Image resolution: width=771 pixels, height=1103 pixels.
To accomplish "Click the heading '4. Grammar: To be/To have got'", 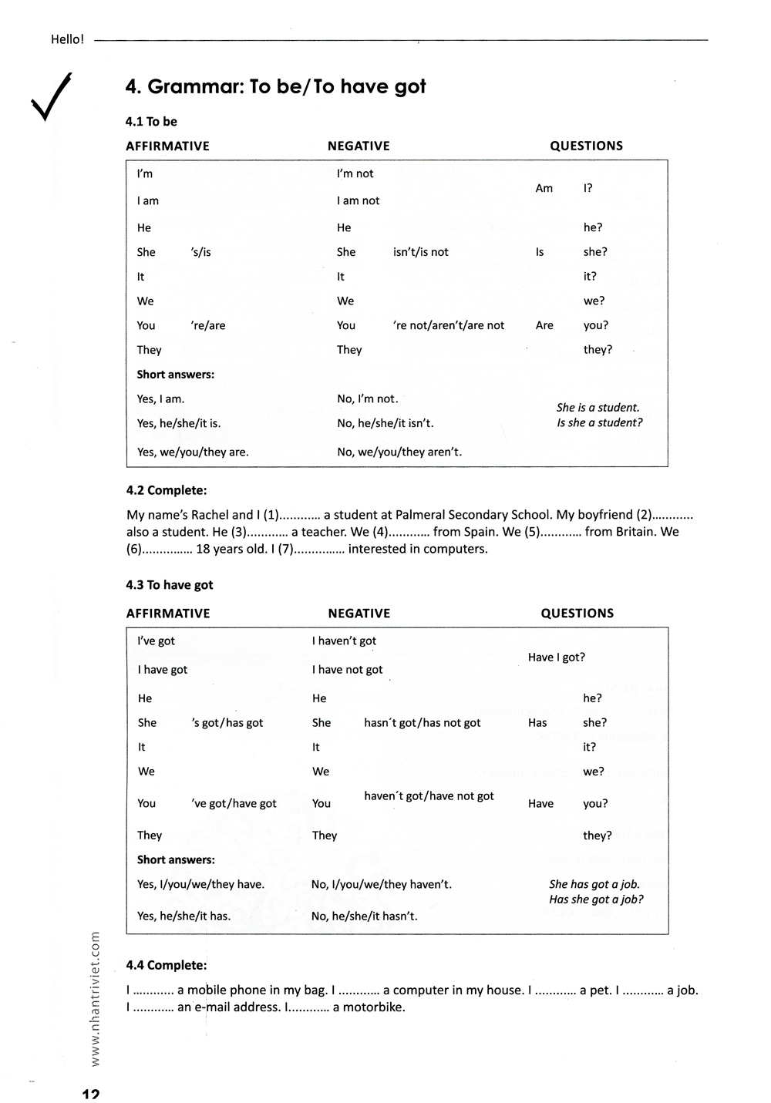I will pyautogui.click(x=275, y=86).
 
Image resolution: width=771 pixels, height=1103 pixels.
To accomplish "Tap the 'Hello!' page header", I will pyautogui.click(x=67, y=39).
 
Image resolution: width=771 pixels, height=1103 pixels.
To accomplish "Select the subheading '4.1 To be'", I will pyautogui.click(x=151, y=122).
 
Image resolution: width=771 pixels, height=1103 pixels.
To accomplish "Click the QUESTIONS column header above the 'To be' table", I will pyautogui.click(x=586, y=146).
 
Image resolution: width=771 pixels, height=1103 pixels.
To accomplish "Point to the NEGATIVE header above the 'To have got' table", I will pyautogui.click(x=359, y=614).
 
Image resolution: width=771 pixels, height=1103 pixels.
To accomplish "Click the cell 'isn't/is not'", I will pyautogui.click(x=420, y=252).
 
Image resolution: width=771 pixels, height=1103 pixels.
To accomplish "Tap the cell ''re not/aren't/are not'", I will pyautogui.click(x=448, y=325).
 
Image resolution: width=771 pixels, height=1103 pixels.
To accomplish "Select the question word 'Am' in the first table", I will pyautogui.click(x=544, y=188).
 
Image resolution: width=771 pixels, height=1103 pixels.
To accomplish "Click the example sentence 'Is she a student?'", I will pyautogui.click(x=599, y=422).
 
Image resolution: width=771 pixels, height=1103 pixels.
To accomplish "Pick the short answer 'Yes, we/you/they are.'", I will pyautogui.click(x=193, y=452).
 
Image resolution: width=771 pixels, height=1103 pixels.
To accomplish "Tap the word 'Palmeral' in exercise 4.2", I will pyautogui.click(x=419, y=515).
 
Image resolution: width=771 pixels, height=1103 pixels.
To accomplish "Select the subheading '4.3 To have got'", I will pyautogui.click(x=169, y=585).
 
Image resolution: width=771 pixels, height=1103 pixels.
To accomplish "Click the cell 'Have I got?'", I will pyautogui.click(x=556, y=657).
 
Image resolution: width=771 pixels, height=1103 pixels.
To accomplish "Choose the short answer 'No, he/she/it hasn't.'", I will pyautogui.click(x=364, y=916).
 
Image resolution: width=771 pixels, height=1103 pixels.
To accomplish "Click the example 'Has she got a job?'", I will pyautogui.click(x=596, y=899).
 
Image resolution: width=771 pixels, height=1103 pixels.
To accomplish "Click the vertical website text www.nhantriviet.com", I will pyautogui.click(x=96, y=999).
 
